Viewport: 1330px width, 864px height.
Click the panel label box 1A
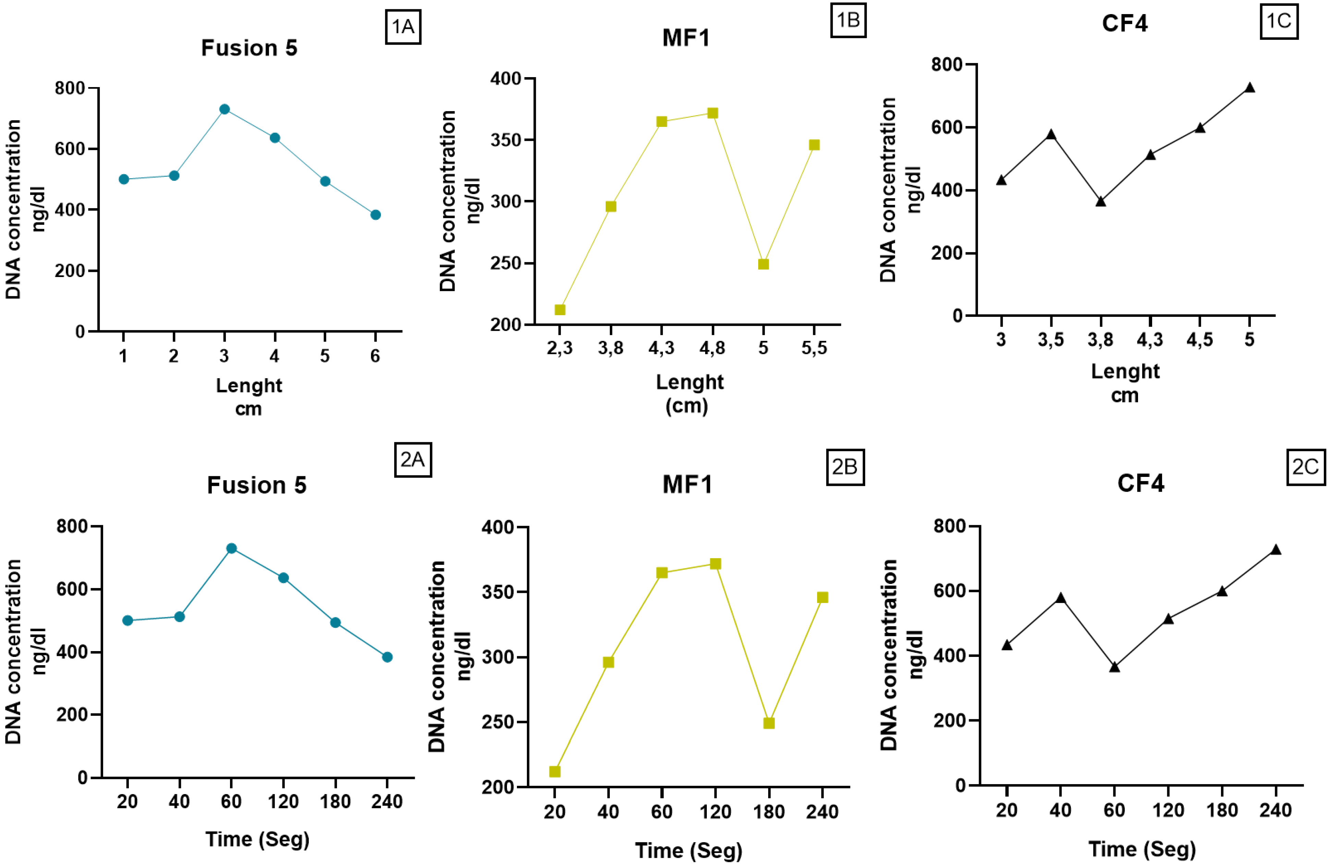pos(403,27)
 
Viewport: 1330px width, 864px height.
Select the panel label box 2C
pos(1305,467)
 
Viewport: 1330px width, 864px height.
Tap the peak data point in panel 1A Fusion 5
pos(225,109)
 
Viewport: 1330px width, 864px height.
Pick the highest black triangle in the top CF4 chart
pos(1249,88)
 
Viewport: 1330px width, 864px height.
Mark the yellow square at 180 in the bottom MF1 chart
pos(769,723)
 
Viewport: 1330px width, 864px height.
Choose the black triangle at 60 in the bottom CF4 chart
pos(1114,667)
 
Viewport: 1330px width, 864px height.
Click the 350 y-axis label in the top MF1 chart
pos(505,140)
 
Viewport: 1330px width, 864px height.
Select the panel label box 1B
pos(848,20)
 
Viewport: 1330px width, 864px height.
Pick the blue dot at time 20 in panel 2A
pos(128,620)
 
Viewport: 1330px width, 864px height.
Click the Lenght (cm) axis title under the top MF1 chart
pos(689,394)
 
